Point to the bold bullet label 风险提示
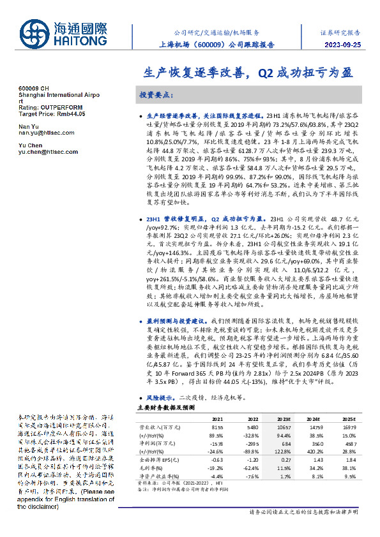point(156,395)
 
